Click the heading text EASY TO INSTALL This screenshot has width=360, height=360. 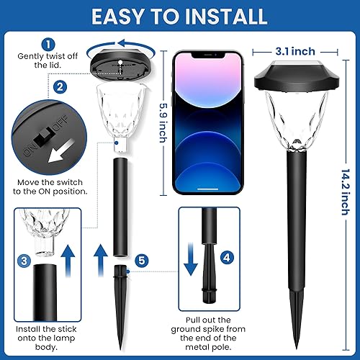click(180, 16)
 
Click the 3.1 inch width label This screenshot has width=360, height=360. click(294, 50)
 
